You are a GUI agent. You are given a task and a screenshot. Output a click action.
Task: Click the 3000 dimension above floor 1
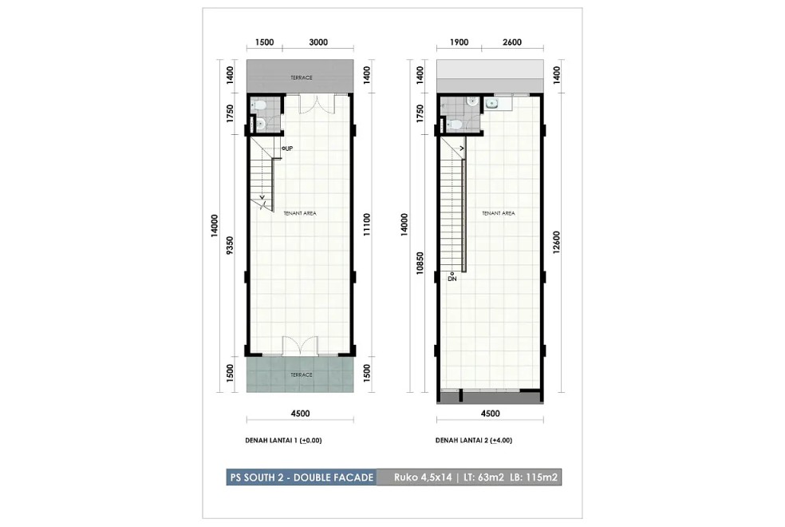pyautogui.click(x=318, y=42)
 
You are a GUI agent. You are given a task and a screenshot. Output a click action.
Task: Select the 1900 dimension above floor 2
pyautogui.click(x=459, y=42)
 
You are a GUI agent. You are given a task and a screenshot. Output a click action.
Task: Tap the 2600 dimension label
pyautogui.click(x=511, y=42)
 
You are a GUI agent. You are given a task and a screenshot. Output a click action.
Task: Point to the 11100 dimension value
pyautogui.click(x=367, y=224)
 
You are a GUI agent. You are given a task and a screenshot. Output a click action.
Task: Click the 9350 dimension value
pyautogui.click(x=230, y=245)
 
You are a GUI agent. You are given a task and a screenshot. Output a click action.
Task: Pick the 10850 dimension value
pyautogui.click(x=420, y=263)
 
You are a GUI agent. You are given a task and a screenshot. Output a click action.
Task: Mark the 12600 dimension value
pyautogui.click(x=556, y=242)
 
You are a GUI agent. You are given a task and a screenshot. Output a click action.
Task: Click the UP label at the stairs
pyautogui.click(x=288, y=149)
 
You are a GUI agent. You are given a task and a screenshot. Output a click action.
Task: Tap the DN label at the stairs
pyautogui.click(x=452, y=279)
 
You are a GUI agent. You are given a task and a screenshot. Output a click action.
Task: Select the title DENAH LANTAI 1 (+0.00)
pyautogui.click(x=283, y=440)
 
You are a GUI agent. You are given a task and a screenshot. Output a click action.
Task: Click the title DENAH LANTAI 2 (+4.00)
pyautogui.click(x=474, y=440)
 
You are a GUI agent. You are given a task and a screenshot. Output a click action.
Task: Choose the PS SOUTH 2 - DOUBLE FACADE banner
pyautogui.click(x=302, y=477)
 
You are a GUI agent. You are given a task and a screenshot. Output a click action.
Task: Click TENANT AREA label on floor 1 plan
pyautogui.click(x=300, y=213)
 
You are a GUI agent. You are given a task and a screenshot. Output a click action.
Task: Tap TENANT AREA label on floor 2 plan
pyautogui.click(x=498, y=213)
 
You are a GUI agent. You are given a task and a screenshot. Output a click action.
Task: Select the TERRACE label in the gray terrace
pyautogui.click(x=302, y=77)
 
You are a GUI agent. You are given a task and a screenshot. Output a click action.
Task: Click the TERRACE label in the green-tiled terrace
pyautogui.click(x=302, y=374)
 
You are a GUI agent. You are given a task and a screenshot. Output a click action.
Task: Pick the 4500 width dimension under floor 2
pyautogui.click(x=490, y=414)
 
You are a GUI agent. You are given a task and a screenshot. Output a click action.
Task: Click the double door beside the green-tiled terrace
pyautogui.click(x=300, y=347)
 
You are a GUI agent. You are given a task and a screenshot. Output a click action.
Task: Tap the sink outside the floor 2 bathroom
pyautogui.click(x=491, y=104)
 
